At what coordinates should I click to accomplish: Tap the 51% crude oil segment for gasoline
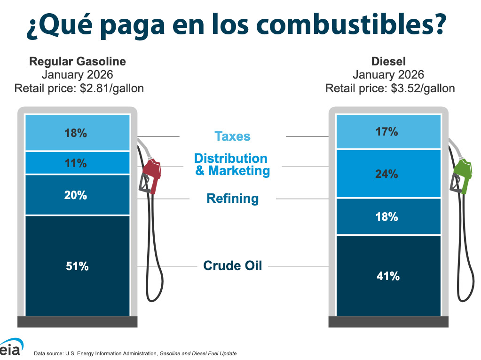(x=77, y=266)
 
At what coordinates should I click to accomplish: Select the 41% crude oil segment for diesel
(x=388, y=276)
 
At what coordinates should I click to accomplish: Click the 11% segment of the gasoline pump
(x=77, y=163)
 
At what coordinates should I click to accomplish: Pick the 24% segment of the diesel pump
(x=388, y=174)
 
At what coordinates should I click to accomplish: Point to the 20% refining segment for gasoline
(x=77, y=195)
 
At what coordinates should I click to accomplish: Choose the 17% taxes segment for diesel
(x=388, y=132)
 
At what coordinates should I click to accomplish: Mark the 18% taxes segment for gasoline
(x=77, y=133)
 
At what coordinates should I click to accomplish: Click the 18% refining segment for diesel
(x=388, y=216)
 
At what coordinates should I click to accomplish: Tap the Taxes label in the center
(x=232, y=136)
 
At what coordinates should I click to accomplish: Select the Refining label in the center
(x=232, y=199)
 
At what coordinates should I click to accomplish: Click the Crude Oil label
(x=232, y=265)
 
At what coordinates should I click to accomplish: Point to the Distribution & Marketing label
(x=232, y=164)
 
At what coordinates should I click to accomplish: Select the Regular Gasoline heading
(x=78, y=62)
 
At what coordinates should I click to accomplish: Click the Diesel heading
(x=388, y=62)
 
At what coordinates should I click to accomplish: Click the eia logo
(x=10, y=349)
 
